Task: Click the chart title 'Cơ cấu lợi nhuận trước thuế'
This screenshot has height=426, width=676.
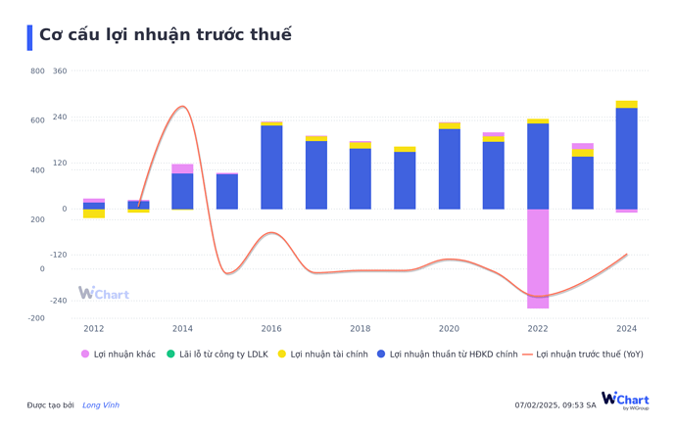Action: [x=165, y=35]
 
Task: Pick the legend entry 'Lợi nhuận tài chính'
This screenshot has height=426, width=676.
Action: [x=322, y=354]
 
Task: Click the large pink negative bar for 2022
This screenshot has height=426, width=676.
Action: [x=538, y=259]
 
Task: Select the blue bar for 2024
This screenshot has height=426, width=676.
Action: [x=627, y=158]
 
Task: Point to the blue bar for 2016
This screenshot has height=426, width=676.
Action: [x=271, y=167]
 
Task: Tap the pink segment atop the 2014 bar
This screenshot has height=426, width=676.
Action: [x=182, y=168]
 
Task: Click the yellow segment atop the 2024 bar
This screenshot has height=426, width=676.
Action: [x=627, y=104]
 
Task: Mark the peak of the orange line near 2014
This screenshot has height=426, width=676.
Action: [x=182, y=107]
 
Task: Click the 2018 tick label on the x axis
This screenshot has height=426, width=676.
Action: [x=361, y=329]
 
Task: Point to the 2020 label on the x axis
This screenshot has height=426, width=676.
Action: [x=449, y=329]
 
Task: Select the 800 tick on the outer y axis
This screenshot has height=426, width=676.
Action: [x=37, y=71]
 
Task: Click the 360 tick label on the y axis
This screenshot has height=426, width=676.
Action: [x=60, y=71]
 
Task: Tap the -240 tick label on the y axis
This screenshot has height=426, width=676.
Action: [x=58, y=301]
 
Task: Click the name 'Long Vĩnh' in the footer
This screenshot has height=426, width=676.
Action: [x=101, y=404]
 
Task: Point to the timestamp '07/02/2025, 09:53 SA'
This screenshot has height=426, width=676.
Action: [x=555, y=404]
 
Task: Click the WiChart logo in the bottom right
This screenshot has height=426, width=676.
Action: [x=625, y=400]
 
